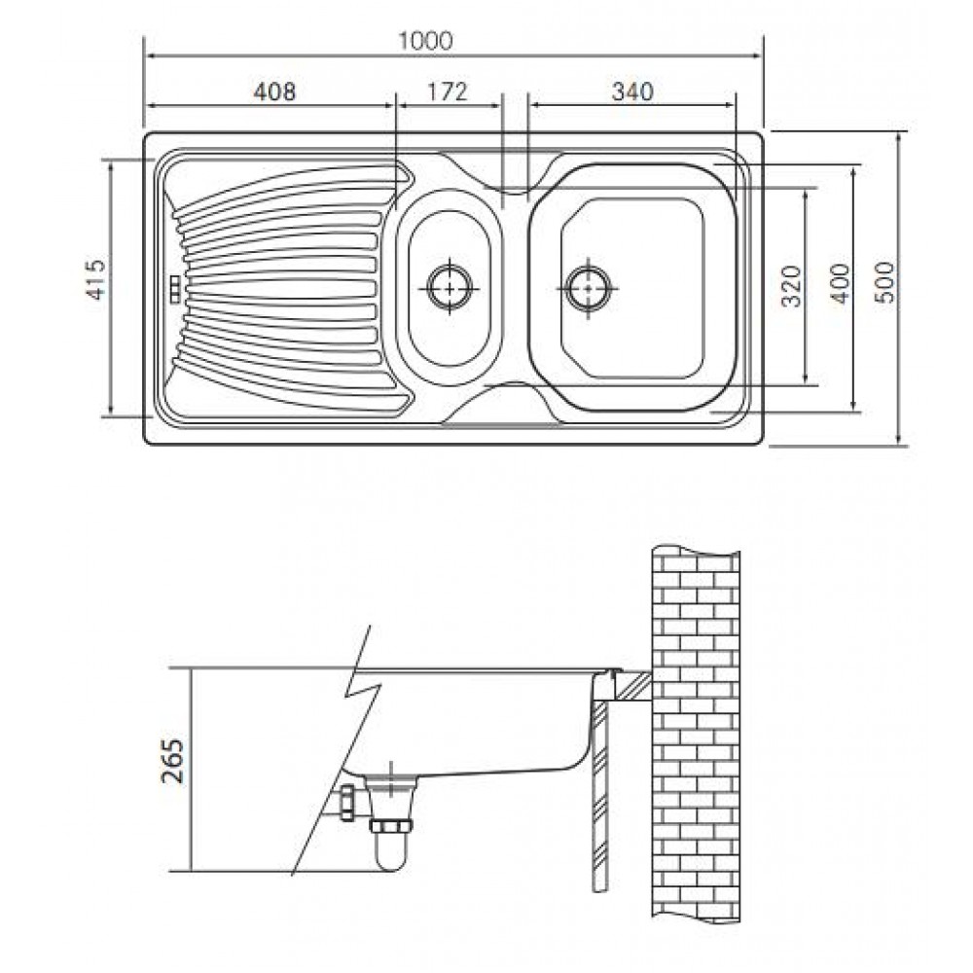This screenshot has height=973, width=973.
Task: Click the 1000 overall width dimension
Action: point(425,41)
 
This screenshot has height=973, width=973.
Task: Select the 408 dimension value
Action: point(274,91)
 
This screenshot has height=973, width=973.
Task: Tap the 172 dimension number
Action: point(447,91)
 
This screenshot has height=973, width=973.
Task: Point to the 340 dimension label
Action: point(632,91)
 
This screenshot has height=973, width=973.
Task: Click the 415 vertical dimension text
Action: point(96,279)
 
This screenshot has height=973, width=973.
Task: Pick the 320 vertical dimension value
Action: point(792,286)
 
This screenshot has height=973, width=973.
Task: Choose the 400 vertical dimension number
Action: point(841,283)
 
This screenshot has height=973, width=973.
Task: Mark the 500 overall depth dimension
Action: point(886,282)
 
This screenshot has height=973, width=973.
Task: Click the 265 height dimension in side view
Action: point(173,762)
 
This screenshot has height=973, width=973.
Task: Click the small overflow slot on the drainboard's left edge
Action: point(175,289)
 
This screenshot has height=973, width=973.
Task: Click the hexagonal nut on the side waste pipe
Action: point(347,802)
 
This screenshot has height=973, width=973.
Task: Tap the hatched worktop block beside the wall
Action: point(631,686)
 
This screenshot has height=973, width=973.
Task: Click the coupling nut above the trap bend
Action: point(391,825)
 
